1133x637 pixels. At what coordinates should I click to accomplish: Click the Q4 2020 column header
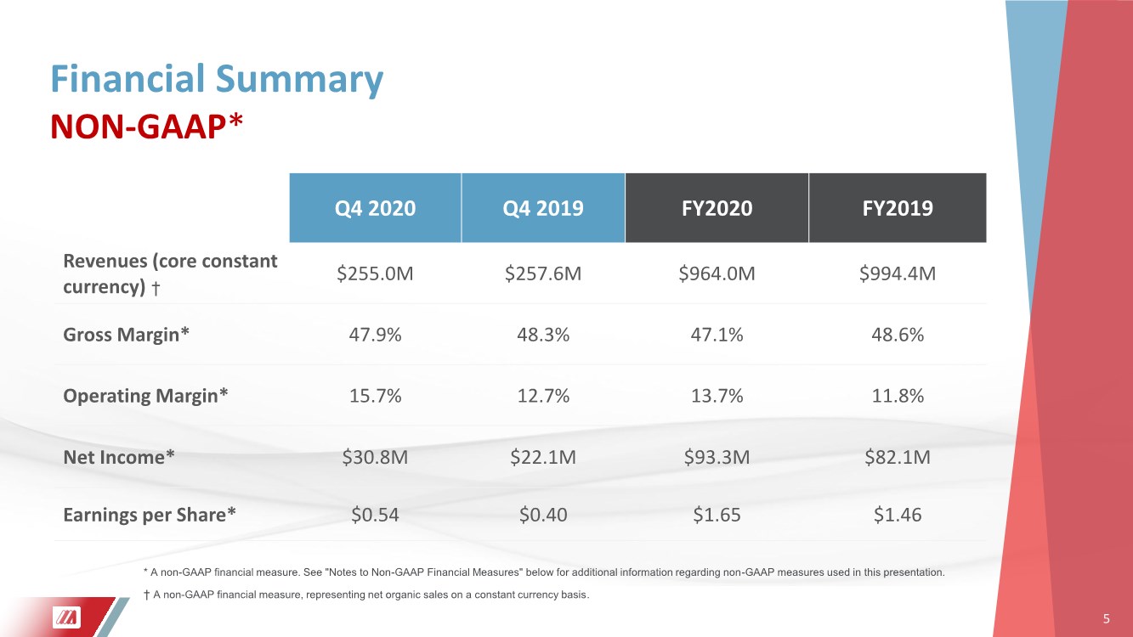(x=375, y=208)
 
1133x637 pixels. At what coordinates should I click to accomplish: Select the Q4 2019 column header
(x=543, y=208)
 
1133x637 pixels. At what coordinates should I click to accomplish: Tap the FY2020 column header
(x=717, y=208)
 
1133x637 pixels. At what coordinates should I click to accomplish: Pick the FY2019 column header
(x=898, y=208)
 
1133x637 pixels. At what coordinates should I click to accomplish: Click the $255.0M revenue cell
(x=375, y=273)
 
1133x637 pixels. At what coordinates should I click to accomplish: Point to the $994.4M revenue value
(x=898, y=273)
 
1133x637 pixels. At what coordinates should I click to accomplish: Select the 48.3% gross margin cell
(x=543, y=335)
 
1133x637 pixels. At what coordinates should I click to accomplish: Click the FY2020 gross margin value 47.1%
(x=717, y=335)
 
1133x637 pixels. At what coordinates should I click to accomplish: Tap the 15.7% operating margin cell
(x=375, y=395)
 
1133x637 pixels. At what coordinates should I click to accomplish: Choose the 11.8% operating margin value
(x=898, y=395)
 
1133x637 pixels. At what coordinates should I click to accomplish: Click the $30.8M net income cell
(x=375, y=457)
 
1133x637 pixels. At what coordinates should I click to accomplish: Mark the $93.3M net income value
(x=717, y=457)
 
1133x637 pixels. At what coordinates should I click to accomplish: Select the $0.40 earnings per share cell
(x=543, y=515)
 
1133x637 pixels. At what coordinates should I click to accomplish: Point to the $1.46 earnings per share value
(x=898, y=515)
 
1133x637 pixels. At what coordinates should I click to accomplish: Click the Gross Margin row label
(x=126, y=335)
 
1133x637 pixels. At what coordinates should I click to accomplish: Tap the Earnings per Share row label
(x=150, y=515)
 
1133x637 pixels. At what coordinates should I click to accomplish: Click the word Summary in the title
(x=299, y=80)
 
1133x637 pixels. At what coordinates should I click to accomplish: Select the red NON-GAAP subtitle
(x=147, y=127)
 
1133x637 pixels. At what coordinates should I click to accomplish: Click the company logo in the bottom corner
(x=66, y=617)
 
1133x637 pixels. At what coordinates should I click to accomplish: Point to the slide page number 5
(x=1106, y=619)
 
